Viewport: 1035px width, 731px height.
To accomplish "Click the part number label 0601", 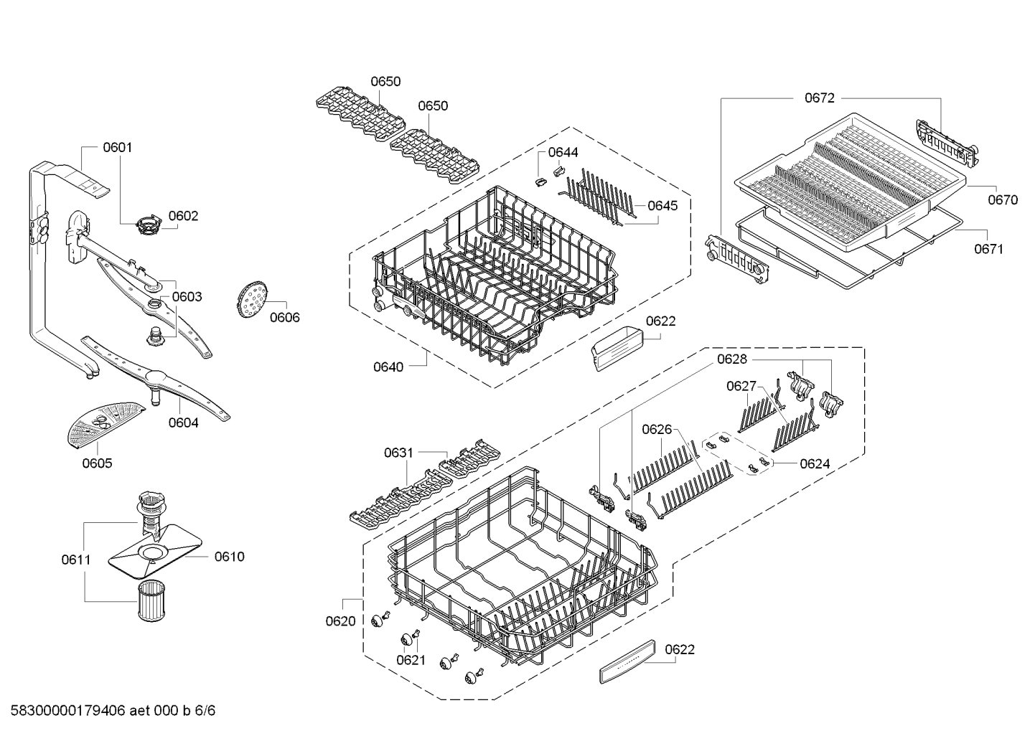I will [x=117, y=148].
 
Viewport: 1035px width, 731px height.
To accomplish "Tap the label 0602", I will [x=183, y=216].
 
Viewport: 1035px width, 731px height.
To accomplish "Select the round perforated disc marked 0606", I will [x=251, y=300].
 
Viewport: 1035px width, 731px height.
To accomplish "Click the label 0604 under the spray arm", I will [x=183, y=423].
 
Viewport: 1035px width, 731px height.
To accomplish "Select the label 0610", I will [x=229, y=557].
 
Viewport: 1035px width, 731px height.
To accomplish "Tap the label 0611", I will [x=76, y=560].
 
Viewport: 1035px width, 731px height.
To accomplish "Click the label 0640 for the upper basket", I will [x=388, y=367].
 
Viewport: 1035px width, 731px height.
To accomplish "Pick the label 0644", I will [x=563, y=152].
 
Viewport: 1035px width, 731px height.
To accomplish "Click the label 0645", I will [x=662, y=206].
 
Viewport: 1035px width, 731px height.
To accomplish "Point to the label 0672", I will [x=819, y=98].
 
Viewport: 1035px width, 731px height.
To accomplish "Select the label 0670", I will [x=1002, y=201].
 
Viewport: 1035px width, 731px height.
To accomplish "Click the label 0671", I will [x=988, y=249].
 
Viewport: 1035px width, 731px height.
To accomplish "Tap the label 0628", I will [x=731, y=359].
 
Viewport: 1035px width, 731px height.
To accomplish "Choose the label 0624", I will [x=815, y=464].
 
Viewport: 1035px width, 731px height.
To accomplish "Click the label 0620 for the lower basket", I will [x=340, y=621].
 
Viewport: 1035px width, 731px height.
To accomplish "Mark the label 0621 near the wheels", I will [x=411, y=660].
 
